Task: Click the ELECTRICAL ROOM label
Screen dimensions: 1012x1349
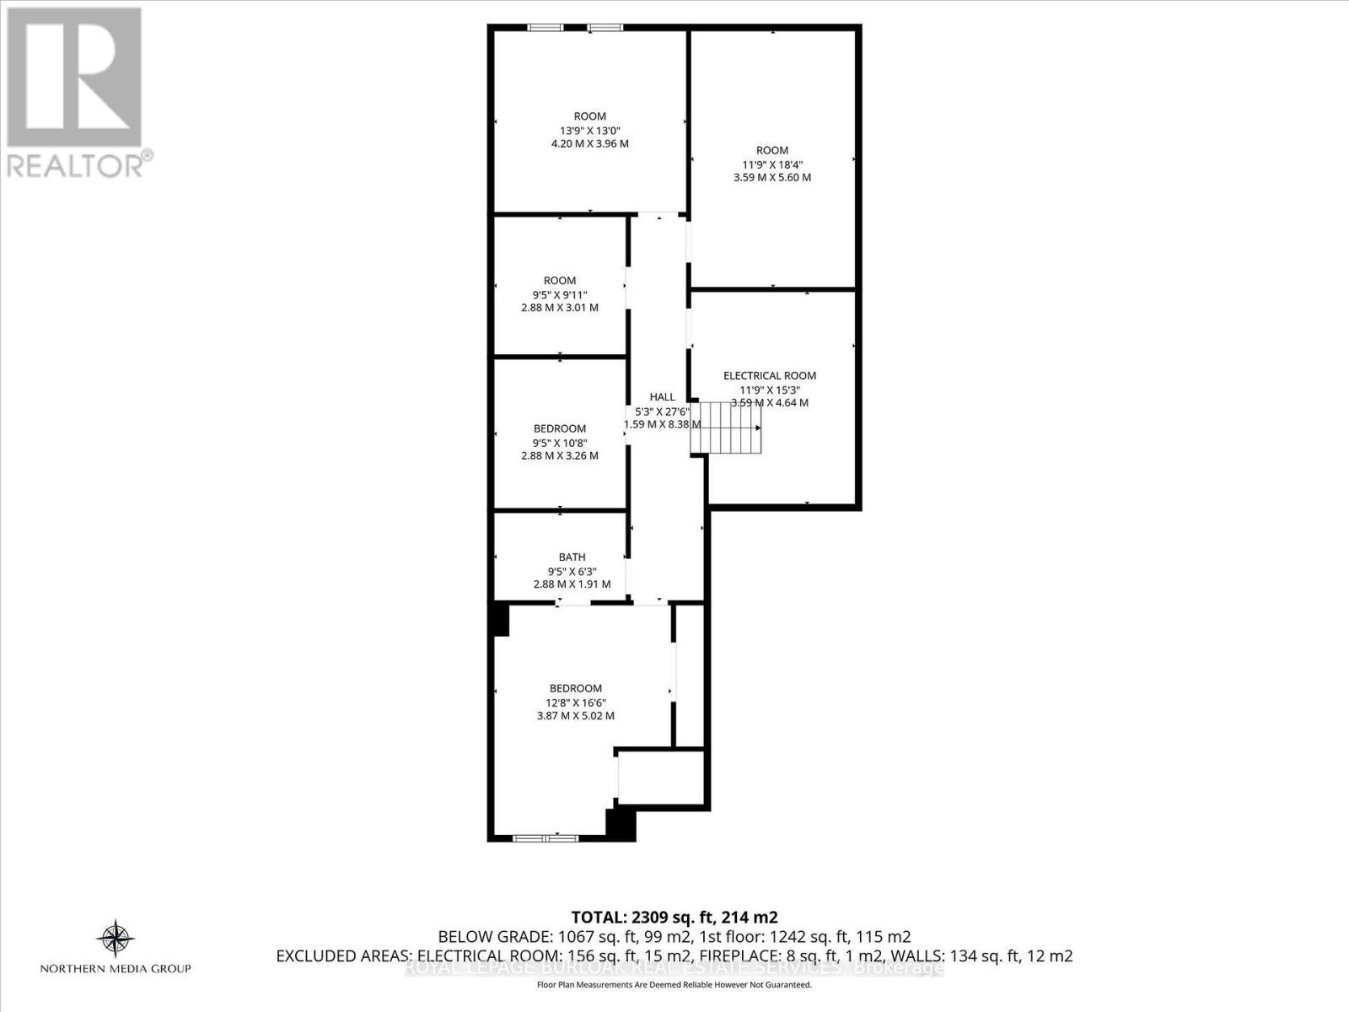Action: click(770, 376)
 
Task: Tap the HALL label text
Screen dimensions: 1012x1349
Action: click(662, 397)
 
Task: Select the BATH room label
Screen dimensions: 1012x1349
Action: click(572, 557)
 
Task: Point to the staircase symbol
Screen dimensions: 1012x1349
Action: click(726, 428)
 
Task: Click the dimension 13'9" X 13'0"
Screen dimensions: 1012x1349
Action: click(589, 131)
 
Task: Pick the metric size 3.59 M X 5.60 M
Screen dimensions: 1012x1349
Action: click(772, 178)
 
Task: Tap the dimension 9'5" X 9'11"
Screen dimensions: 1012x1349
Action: click(560, 294)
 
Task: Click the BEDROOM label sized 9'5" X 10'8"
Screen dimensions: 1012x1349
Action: click(560, 428)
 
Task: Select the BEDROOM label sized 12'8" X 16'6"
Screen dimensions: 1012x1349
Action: click(576, 688)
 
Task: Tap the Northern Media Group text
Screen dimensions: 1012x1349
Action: click(116, 969)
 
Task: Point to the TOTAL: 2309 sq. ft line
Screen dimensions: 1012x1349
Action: click(674, 918)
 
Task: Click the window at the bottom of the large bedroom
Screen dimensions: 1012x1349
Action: click(546, 838)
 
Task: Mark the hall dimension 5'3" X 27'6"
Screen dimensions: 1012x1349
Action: click(663, 412)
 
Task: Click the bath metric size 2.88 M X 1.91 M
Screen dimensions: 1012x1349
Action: click(572, 584)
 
